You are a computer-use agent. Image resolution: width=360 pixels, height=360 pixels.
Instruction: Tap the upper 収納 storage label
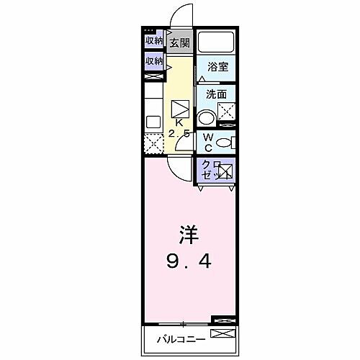point(153,41)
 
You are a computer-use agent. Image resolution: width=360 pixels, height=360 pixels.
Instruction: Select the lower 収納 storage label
point(153,62)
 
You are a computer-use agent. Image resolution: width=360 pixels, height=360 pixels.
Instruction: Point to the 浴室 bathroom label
point(217,67)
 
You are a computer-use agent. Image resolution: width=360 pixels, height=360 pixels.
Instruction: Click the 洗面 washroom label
point(217,94)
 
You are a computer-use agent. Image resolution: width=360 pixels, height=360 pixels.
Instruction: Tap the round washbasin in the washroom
point(207,118)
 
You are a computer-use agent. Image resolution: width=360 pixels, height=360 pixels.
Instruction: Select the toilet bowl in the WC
point(224,143)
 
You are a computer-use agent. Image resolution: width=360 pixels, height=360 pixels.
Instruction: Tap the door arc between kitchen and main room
point(179,165)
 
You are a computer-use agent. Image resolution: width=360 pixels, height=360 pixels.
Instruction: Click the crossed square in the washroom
point(228,111)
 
